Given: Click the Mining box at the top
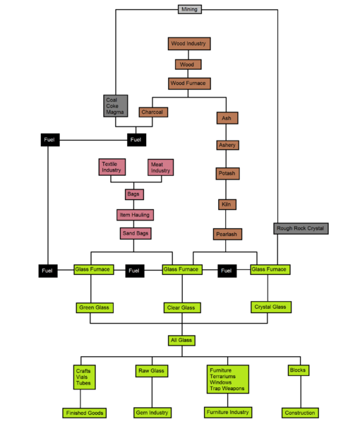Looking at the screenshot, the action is coord(190,9).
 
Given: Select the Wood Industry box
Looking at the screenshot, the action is coord(189,44).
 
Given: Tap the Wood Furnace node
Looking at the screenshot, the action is coord(189,83).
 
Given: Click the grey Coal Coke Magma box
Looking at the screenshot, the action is coord(116,106).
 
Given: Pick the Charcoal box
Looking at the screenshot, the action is coord(153,112).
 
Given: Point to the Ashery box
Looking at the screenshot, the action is coord(227,145).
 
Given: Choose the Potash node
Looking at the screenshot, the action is coord(227,174).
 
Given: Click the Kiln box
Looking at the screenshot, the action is coord(227,204).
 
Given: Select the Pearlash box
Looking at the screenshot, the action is coord(227,234).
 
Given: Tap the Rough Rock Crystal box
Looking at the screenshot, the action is coord(301,228).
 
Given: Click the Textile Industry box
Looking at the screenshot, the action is coord(112,167).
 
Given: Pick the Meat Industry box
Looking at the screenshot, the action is coord(160,167).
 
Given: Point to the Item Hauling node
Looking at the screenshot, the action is coord(135,215).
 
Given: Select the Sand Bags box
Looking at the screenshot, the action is coord(136,233).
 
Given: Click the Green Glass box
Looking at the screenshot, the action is coord(95,307).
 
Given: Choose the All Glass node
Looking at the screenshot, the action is coord(181,341).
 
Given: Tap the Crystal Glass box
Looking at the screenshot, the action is coord(271,307).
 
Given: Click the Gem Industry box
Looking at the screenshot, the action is coord(152,413).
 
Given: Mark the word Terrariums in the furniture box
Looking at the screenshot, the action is coord(222,377).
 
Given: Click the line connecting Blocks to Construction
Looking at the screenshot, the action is coord(301,391).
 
